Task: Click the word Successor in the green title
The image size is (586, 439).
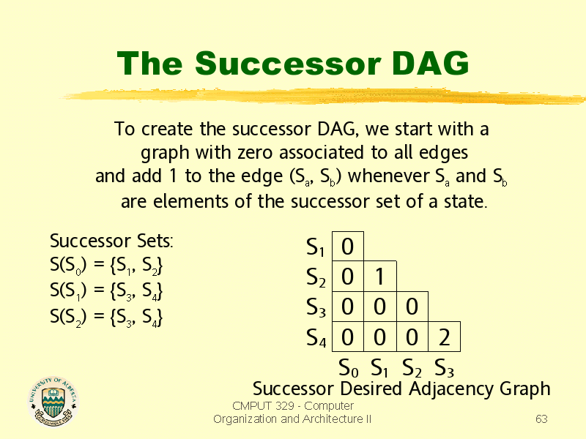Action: (x=288, y=63)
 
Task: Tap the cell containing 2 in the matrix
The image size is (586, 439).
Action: (x=444, y=337)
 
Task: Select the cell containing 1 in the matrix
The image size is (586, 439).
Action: (x=379, y=277)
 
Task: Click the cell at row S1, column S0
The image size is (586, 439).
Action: (x=347, y=247)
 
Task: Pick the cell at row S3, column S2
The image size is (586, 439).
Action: (x=412, y=307)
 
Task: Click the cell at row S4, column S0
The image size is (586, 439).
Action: (x=347, y=337)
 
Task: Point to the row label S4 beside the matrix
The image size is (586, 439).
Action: (x=316, y=338)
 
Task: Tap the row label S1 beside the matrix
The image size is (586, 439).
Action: (x=315, y=247)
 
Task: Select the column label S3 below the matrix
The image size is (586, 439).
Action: (x=444, y=368)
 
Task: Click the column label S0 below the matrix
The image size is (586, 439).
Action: (x=349, y=368)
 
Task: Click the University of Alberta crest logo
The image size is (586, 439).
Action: (x=53, y=402)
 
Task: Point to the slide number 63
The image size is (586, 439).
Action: (x=541, y=419)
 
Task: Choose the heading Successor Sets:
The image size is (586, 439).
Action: (x=111, y=241)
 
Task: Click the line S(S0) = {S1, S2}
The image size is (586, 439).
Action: (x=106, y=266)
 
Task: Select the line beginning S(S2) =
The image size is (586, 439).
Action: (x=106, y=318)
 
